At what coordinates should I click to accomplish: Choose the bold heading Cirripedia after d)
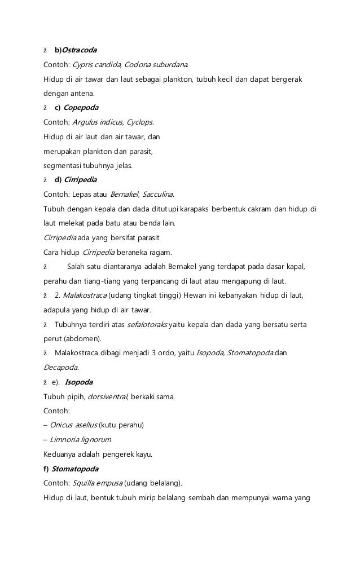click(81, 180)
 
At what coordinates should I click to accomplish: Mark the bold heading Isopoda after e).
click(78, 383)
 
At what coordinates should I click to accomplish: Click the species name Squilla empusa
click(96, 484)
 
